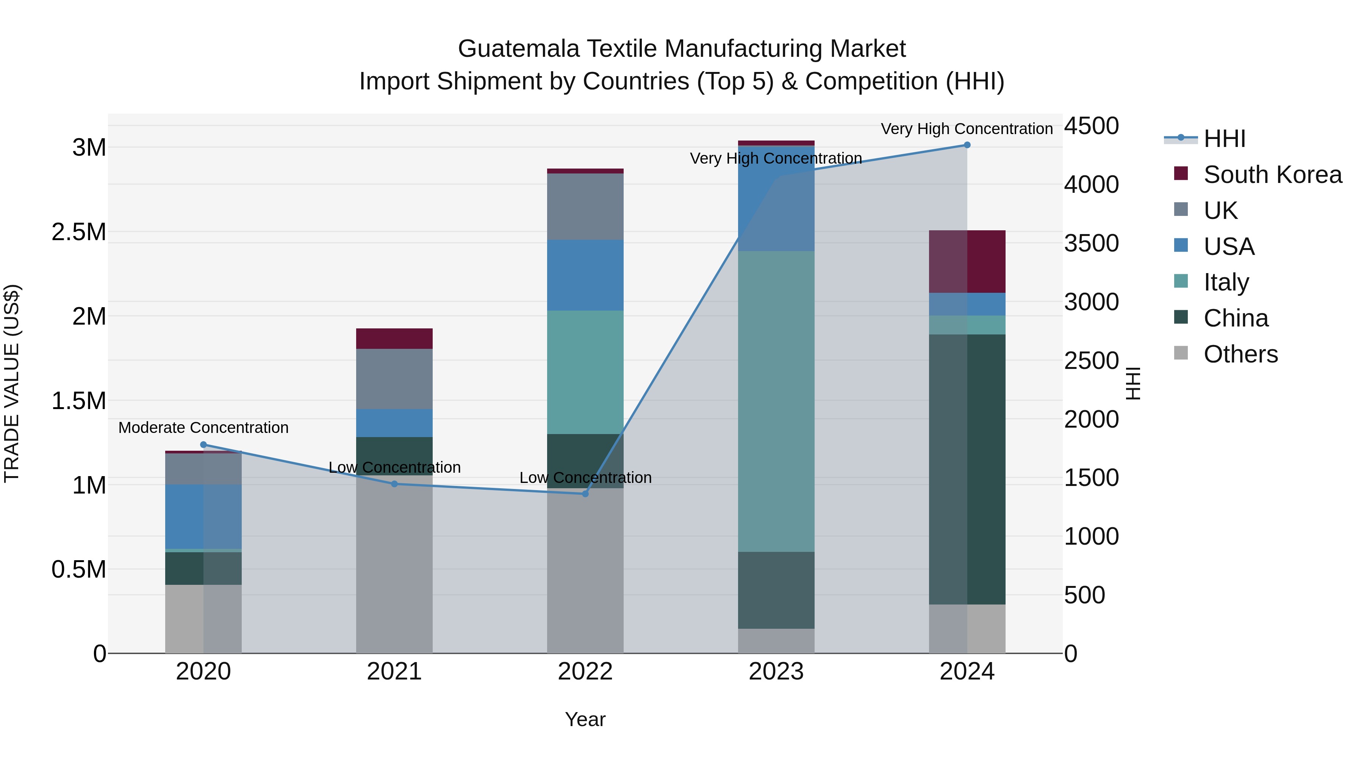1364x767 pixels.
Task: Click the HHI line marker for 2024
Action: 967,145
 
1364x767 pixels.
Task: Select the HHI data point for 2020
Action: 203,445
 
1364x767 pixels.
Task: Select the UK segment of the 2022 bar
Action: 585,206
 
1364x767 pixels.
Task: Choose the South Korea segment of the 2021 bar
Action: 394,339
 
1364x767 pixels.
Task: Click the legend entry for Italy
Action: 1226,282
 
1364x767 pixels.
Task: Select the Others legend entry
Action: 1240,354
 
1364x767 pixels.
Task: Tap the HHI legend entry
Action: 1224,139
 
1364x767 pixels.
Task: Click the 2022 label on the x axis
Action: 585,672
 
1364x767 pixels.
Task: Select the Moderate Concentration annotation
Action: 203,428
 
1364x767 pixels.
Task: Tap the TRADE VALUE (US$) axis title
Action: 12,383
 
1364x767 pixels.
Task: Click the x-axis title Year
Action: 585,719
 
